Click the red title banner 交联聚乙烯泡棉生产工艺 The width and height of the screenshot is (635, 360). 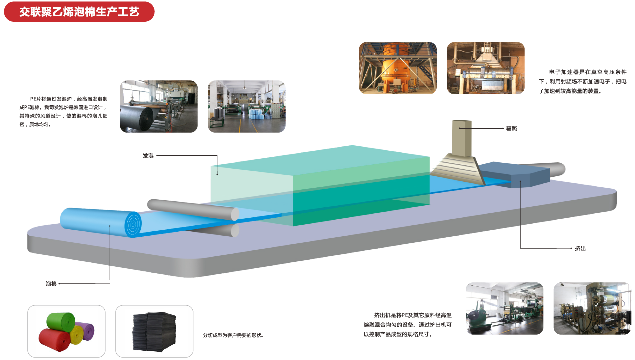pyautogui.click(x=79, y=12)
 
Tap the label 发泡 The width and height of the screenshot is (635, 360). pyautogui.click(x=148, y=156)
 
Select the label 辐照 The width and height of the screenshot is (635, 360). pyautogui.click(x=511, y=128)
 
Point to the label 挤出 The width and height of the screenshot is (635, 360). pyautogui.click(x=580, y=248)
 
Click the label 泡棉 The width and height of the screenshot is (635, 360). pyautogui.click(x=51, y=284)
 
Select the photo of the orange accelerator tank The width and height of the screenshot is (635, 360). pyautogui.click(x=398, y=68)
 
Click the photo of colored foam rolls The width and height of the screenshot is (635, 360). pyautogui.click(x=66, y=331)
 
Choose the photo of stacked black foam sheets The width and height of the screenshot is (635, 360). pyautogui.click(x=154, y=331)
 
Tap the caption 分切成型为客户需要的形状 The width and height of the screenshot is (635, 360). pyautogui.click(x=233, y=335)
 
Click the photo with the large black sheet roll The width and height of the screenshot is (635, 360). pyautogui.click(x=159, y=107)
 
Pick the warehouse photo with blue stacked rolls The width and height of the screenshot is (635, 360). pyautogui.click(x=247, y=107)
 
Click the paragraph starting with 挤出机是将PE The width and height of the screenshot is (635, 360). pyautogui.click(x=408, y=325)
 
